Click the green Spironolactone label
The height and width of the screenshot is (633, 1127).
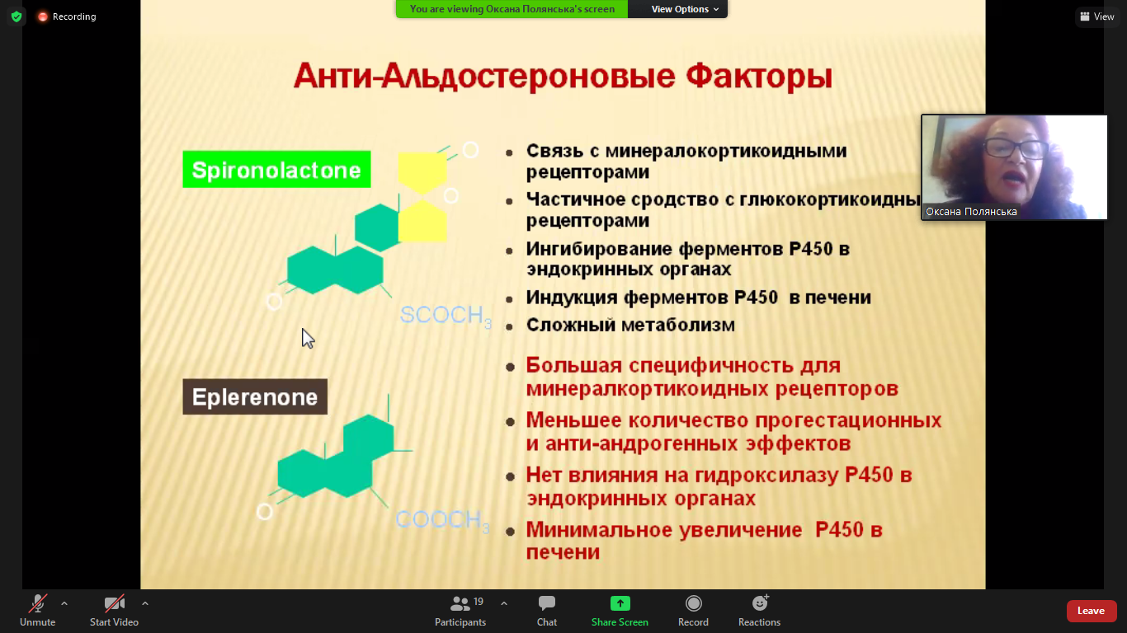pyautogui.click(x=276, y=170)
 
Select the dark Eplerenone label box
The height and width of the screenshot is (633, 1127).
pyautogui.click(x=255, y=396)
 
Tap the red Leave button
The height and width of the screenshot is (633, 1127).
pyautogui.click(x=1091, y=611)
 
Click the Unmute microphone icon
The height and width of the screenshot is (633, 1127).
pyautogui.click(x=38, y=603)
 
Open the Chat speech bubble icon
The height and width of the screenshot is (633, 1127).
pyautogui.click(x=547, y=603)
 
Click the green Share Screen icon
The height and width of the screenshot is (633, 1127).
pyautogui.click(x=620, y=603)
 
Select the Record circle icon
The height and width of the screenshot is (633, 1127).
pyautogui.click(x=693, y=603)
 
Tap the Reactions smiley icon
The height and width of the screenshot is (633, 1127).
pyautogui.click(x=760, y=603)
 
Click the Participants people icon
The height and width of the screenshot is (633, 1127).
pyautogui.click(x=460, y=603)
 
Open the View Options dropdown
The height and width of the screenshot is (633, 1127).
pyautogui.click(x=684, y=9)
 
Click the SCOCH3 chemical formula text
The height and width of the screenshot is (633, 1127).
pyautogui.click(x=446, y=315)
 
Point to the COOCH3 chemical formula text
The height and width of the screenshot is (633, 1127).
pyautogui.click(x=442, y=520)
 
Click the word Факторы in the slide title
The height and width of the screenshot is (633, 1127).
pyautogui.click(x=759, y=77)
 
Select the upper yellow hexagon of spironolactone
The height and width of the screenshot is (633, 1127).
pyautogui.click(x=422, y=171)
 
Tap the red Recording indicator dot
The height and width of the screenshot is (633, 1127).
pyautogui.click(x=43, y=16)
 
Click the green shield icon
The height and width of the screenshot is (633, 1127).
pyautogui.click(x=17, y=16)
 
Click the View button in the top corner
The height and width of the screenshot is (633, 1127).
pyautogui.click(x=1097, y=16)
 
